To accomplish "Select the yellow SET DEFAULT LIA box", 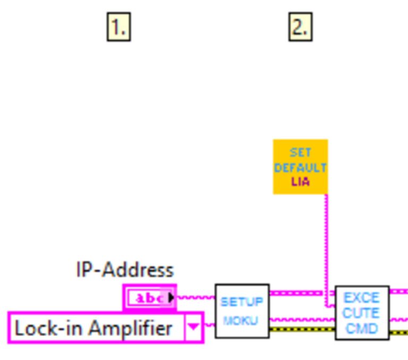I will click(300, 166).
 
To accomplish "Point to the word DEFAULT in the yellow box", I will click(300, 168).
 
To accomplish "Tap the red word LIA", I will click(300, 181).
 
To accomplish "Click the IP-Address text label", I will click(125, 270).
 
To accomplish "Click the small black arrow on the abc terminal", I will click(171, 298).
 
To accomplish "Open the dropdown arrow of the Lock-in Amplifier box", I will click(194, 328).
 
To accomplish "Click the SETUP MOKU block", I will click(242, 311).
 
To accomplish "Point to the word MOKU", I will click(242, 321).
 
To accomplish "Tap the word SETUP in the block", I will click(242, 302).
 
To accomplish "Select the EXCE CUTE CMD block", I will click(362, 313).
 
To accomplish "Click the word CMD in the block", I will click(362, 328).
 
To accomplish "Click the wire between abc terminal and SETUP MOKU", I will click(195, 297).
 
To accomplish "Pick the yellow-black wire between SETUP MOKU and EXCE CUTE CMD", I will click(302, 330).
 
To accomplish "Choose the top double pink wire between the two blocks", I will click(302, 293).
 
